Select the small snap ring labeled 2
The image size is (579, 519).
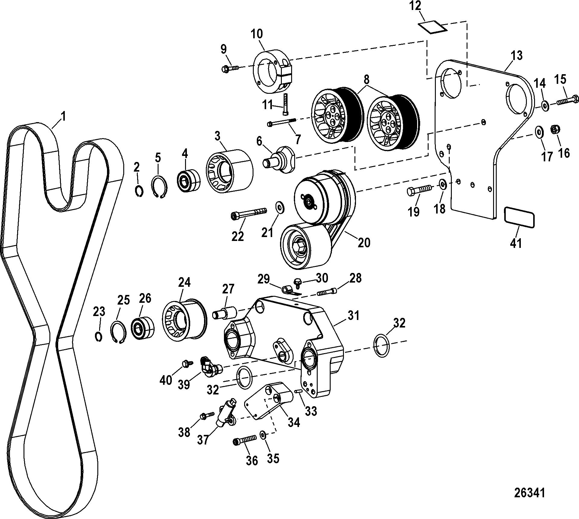coord(139,191)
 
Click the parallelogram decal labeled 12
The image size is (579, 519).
coord(432,27)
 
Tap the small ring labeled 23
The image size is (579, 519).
coord(99,337)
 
